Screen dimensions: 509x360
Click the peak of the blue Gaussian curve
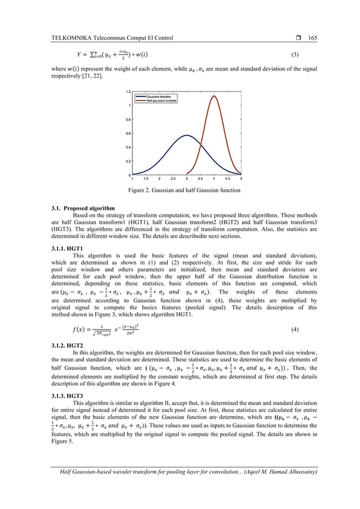187,135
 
